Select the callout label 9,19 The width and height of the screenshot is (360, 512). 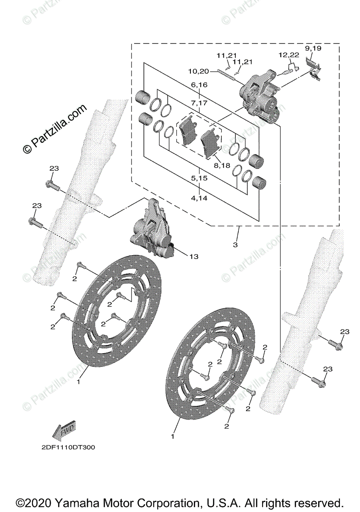point(313,48)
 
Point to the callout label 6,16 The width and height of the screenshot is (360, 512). point(199,85)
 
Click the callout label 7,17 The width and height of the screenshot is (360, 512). point(199,103)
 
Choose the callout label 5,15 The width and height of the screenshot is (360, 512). point(199,178)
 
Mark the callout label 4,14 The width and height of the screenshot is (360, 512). point(199,198)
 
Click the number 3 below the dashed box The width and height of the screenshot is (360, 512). point(235,245)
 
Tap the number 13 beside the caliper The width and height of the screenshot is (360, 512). point(194,256)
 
